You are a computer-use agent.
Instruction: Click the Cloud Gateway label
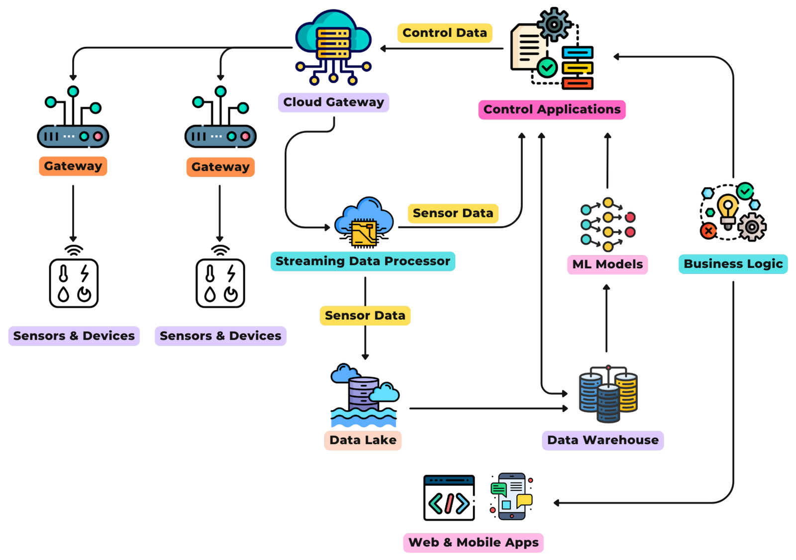tap(333, 102)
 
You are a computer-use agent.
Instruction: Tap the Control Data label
tap(444, 33)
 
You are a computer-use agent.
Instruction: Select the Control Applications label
tap(552, 110)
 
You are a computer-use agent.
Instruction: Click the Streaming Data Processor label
tap(363, 261)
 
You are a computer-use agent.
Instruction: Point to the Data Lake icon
tap(364, 396)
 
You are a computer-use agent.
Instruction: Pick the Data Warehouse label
tap(602, 441)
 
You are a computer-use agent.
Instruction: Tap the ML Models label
tap(607, 264)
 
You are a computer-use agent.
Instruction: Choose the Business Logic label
tap(733, 264)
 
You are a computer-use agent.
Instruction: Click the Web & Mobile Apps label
tap(473, 543)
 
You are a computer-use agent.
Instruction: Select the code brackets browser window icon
tap(449, 498)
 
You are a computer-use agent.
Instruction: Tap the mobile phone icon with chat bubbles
tap(511, 496)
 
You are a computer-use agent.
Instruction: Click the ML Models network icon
tap(607, 224)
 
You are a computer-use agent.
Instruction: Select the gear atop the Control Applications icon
tap(554, 24)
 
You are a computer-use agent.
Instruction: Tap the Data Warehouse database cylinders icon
tap(608, 395)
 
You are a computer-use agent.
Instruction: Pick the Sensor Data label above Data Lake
tap(365, 316)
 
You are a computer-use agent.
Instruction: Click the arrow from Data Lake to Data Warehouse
tap(488, 409)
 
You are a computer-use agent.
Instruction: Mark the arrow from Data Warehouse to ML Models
tap(606, 319)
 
